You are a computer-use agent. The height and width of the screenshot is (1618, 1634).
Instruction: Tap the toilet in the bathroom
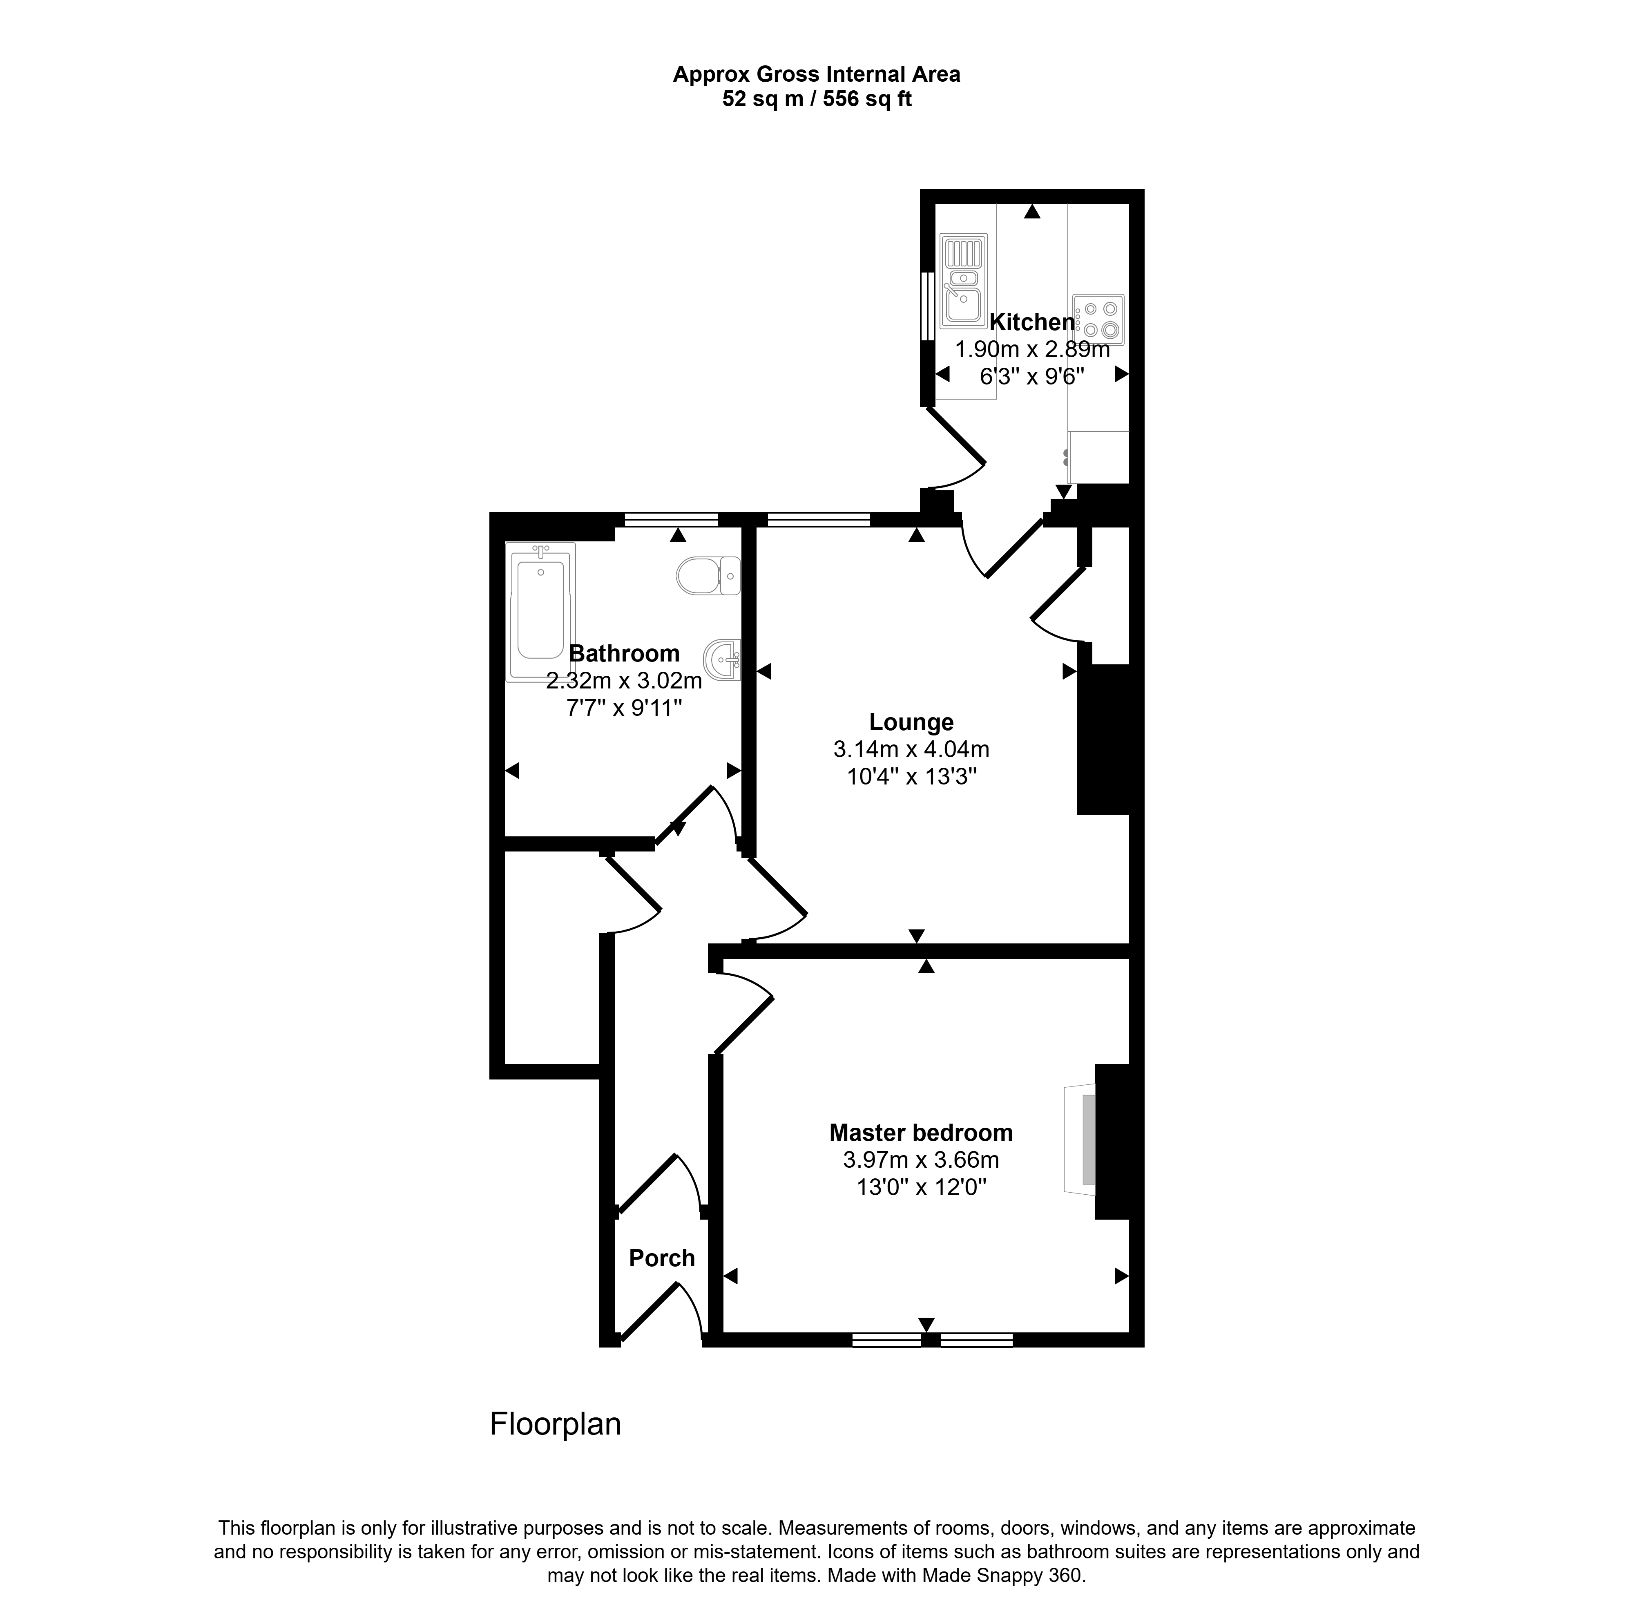click(709, 575)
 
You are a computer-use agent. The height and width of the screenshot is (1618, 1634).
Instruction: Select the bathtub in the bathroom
click(540, 612)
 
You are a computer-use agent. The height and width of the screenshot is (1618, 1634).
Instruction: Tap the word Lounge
click(911, 722)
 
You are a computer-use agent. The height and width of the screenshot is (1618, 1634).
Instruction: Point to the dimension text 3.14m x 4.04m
click(911, 749)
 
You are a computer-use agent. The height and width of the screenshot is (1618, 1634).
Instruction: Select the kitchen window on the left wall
click(928, 304)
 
